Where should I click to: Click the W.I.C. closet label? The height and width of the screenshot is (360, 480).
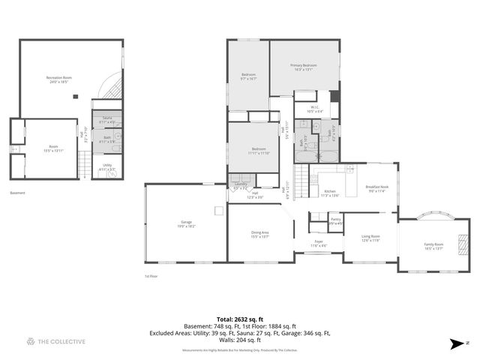click(x=314, y=109)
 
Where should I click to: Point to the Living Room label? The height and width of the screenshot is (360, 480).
click(x=370, y=238)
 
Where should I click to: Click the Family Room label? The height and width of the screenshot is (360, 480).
click(x=433, y=247)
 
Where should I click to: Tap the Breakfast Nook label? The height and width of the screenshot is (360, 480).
click(x=376, y=188)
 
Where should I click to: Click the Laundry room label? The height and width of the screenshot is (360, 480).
click(x=240, y=185)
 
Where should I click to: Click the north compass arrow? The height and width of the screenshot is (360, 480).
click(x=455, y=343)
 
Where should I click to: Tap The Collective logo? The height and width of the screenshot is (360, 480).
click(x=56, y=342)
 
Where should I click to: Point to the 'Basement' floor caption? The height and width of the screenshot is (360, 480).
click(x=18, y=193)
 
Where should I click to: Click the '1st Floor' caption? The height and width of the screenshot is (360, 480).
click(x=151, y=276)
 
